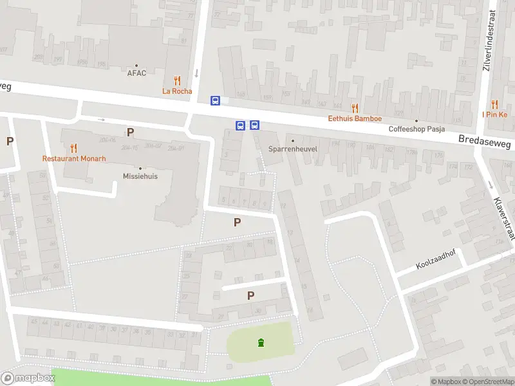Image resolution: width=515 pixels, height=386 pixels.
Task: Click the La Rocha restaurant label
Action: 177,91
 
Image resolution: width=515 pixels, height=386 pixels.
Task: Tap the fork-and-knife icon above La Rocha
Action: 177,80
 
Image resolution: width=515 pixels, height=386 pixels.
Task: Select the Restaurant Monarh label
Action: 74,158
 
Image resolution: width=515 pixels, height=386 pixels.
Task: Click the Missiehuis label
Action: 140,176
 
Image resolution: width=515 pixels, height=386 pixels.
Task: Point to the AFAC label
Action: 136,73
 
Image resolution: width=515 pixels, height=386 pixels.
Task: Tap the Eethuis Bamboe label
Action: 355,118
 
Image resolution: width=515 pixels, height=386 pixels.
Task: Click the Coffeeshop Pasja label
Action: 417,129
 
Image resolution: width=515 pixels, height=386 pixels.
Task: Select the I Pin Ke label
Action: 494,115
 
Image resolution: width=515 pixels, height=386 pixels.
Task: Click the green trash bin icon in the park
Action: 261,342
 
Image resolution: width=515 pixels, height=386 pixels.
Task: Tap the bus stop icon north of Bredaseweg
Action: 216,100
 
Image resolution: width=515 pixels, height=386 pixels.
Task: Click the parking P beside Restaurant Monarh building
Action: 130,133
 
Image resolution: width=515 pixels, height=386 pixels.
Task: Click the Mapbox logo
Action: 28,378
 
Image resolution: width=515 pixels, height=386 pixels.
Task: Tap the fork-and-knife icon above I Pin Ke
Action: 494,104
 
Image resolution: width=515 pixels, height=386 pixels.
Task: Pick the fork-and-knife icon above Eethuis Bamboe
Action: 355,107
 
